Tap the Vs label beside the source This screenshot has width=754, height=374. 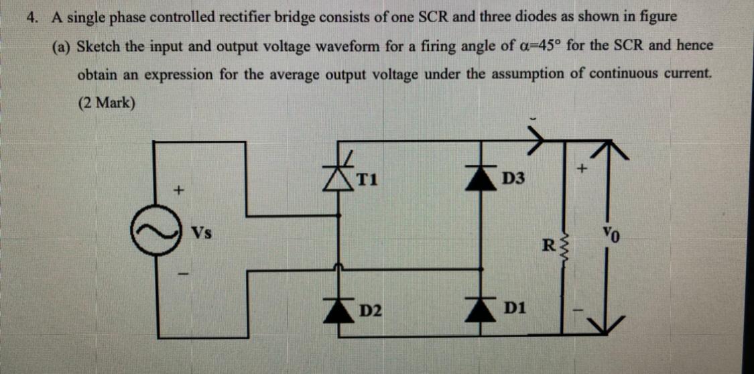point(201,234)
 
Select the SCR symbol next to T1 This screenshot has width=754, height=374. point(343,176)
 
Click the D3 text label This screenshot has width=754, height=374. point(514,179)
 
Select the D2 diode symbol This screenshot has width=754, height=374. point(343,309)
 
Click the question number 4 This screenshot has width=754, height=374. point(30,17)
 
